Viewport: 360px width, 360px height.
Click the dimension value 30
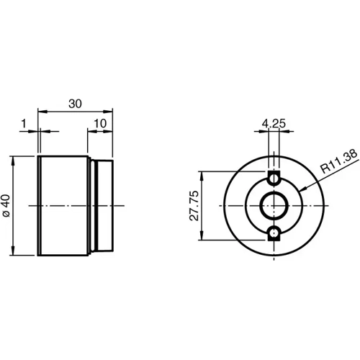pos(75,103)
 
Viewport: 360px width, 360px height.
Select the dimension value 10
pos(100,123)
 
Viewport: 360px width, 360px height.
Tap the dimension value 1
pos(24,123)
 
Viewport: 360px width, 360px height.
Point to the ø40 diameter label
pos(6,205)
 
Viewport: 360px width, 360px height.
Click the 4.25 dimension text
pos(274,123)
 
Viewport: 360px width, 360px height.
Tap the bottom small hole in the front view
pos(274,233)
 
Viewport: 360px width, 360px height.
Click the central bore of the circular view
pos(274,205)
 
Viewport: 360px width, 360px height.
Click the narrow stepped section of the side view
pos(102,205)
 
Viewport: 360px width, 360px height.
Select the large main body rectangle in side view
pos(63,205)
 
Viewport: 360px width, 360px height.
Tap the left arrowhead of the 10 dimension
pos(91,131)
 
